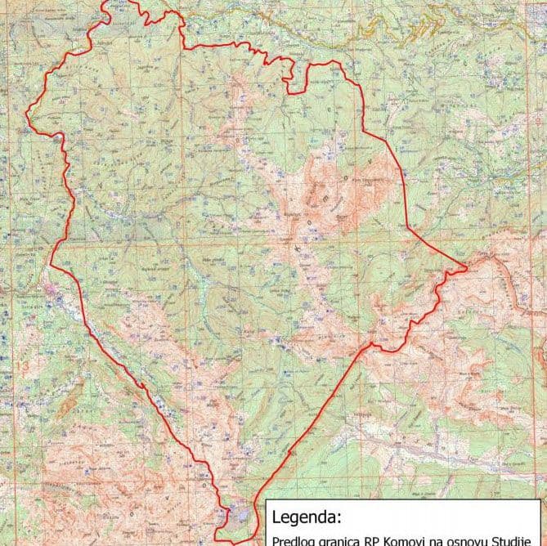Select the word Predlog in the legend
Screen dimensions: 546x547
pyautogui.click(x=295, y=539)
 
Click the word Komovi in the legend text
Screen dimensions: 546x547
pyautogui.click(x=410, y=539)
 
